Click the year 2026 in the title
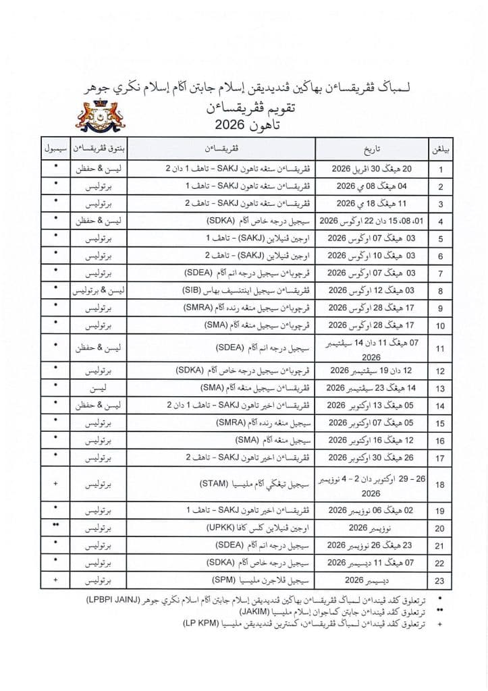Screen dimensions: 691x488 [x=236, y=126]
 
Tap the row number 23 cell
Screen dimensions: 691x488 [x=439, y=580]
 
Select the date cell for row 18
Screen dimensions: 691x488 [x=370, y=485]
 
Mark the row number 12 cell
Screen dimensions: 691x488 [x=439, y=371]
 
